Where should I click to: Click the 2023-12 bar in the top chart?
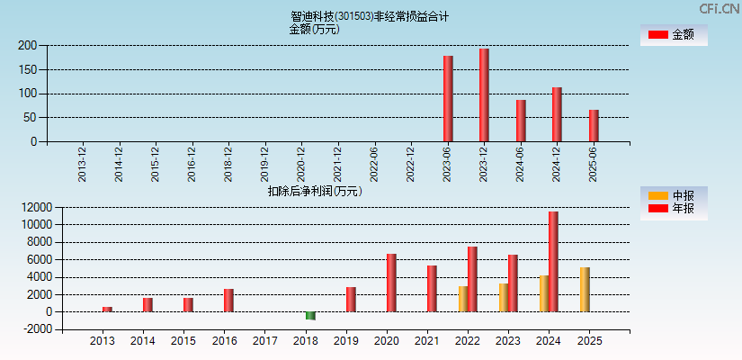click(484, 95)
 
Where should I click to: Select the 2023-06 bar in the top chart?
click(448, 99)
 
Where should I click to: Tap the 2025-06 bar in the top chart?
click(594, 126)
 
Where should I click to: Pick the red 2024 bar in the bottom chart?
click(553, 262)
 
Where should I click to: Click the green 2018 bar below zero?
click(310, 316)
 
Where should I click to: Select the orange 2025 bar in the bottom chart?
click(585, 290)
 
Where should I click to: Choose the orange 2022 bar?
click(462, 299)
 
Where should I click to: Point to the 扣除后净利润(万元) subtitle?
click(315, 191)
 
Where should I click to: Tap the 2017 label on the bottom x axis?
click(265, 342)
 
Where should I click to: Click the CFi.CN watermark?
click(719, 9)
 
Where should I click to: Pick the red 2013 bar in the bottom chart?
click(107, 310)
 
